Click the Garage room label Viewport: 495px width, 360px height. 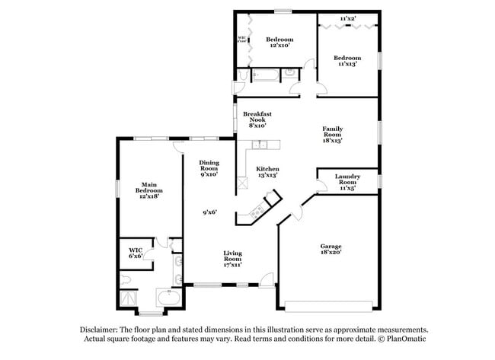(330, 250)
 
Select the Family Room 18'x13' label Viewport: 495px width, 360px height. (332, 134)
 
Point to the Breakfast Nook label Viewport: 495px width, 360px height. (257, 119)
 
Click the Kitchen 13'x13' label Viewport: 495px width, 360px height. (267, 171)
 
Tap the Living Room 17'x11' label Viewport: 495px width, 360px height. (232, 258)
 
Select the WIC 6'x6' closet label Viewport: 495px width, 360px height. (136, 252)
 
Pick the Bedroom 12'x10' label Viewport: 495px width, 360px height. (279, 42)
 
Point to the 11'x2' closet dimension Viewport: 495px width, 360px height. (347, 18)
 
